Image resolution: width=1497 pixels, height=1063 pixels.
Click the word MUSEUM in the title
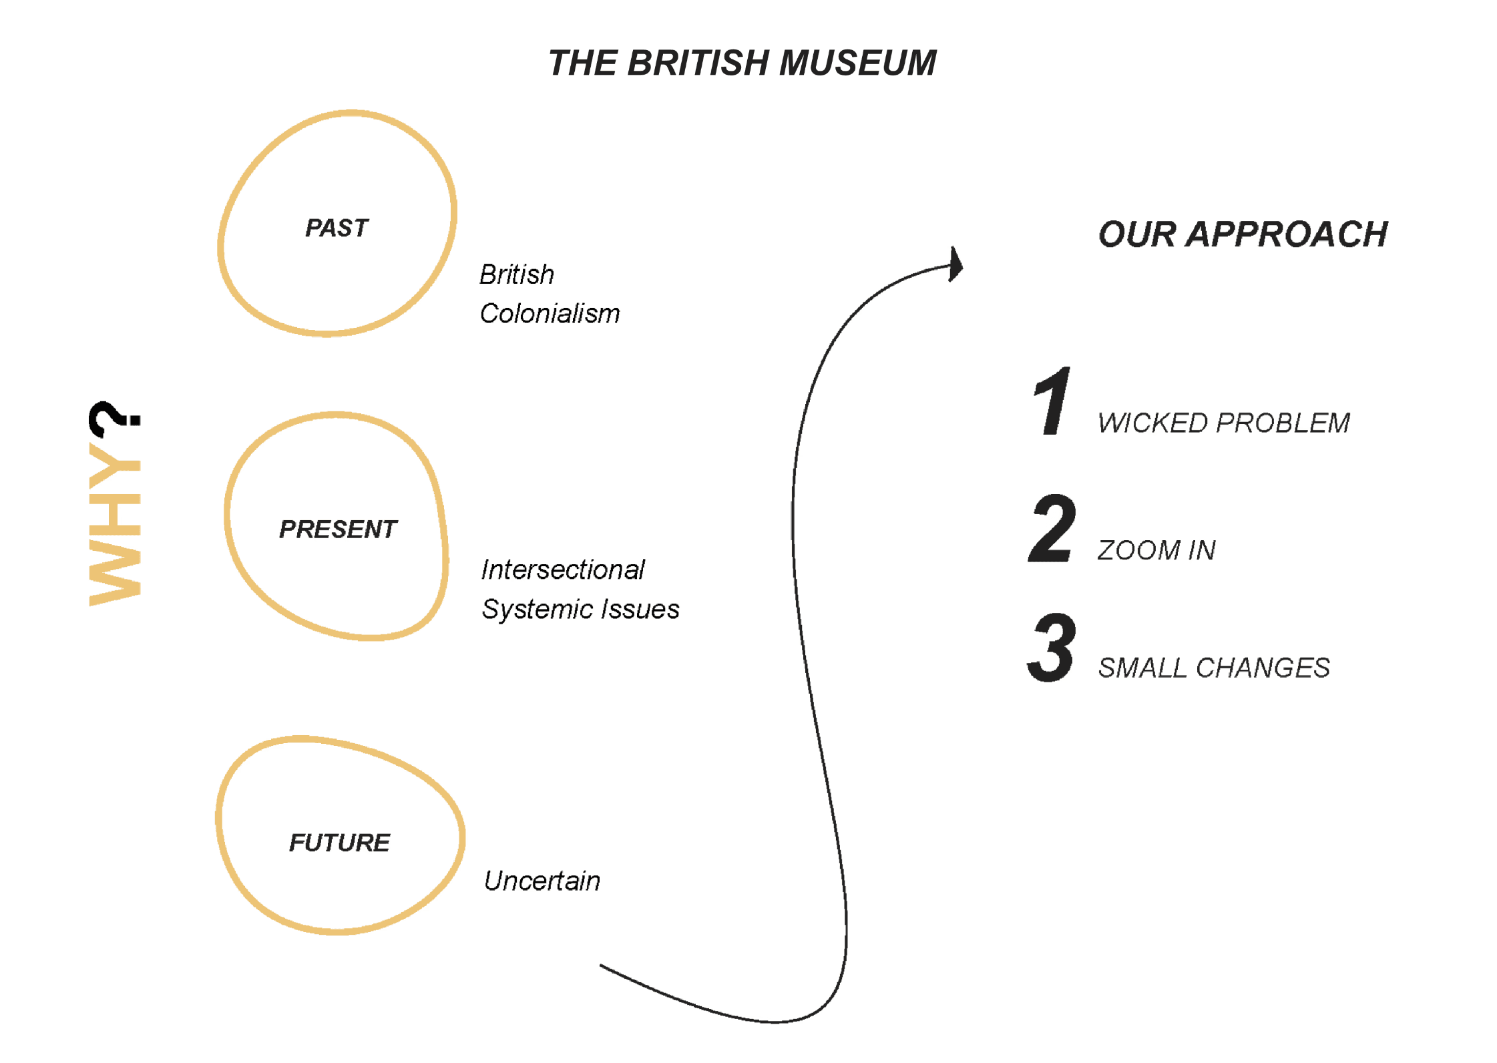[x=857, y=63]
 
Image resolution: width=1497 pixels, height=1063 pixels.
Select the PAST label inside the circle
[x=337, y=228]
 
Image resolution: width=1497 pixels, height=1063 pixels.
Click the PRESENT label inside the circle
[x=338, y=529]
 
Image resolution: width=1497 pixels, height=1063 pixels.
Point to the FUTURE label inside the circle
[x=339, y=843]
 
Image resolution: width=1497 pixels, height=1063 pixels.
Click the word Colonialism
[x=550, y=314]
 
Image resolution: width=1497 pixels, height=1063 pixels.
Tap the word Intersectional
[x=563, y=570]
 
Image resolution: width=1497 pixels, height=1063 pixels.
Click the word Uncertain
[x=542, y=881]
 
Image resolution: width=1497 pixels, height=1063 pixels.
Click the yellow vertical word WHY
[x=115, y=524]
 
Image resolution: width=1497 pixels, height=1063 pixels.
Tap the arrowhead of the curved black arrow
[x=956, y=265]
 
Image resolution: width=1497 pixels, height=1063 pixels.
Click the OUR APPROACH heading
[x=1243, y=234]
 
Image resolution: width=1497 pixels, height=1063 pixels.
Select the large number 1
[x=1052, y=401]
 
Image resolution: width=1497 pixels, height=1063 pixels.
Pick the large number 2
[x=1052, y=529]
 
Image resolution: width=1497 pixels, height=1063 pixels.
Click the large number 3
[x=1052, y=647]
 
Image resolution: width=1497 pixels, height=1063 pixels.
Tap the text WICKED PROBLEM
[x=1223, y=423]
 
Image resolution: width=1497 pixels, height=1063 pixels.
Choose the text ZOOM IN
[x=1156, y=551]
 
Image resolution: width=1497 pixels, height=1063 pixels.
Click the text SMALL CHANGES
[x=1214, y=668]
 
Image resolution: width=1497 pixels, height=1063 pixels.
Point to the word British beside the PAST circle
[x=517, y=275]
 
